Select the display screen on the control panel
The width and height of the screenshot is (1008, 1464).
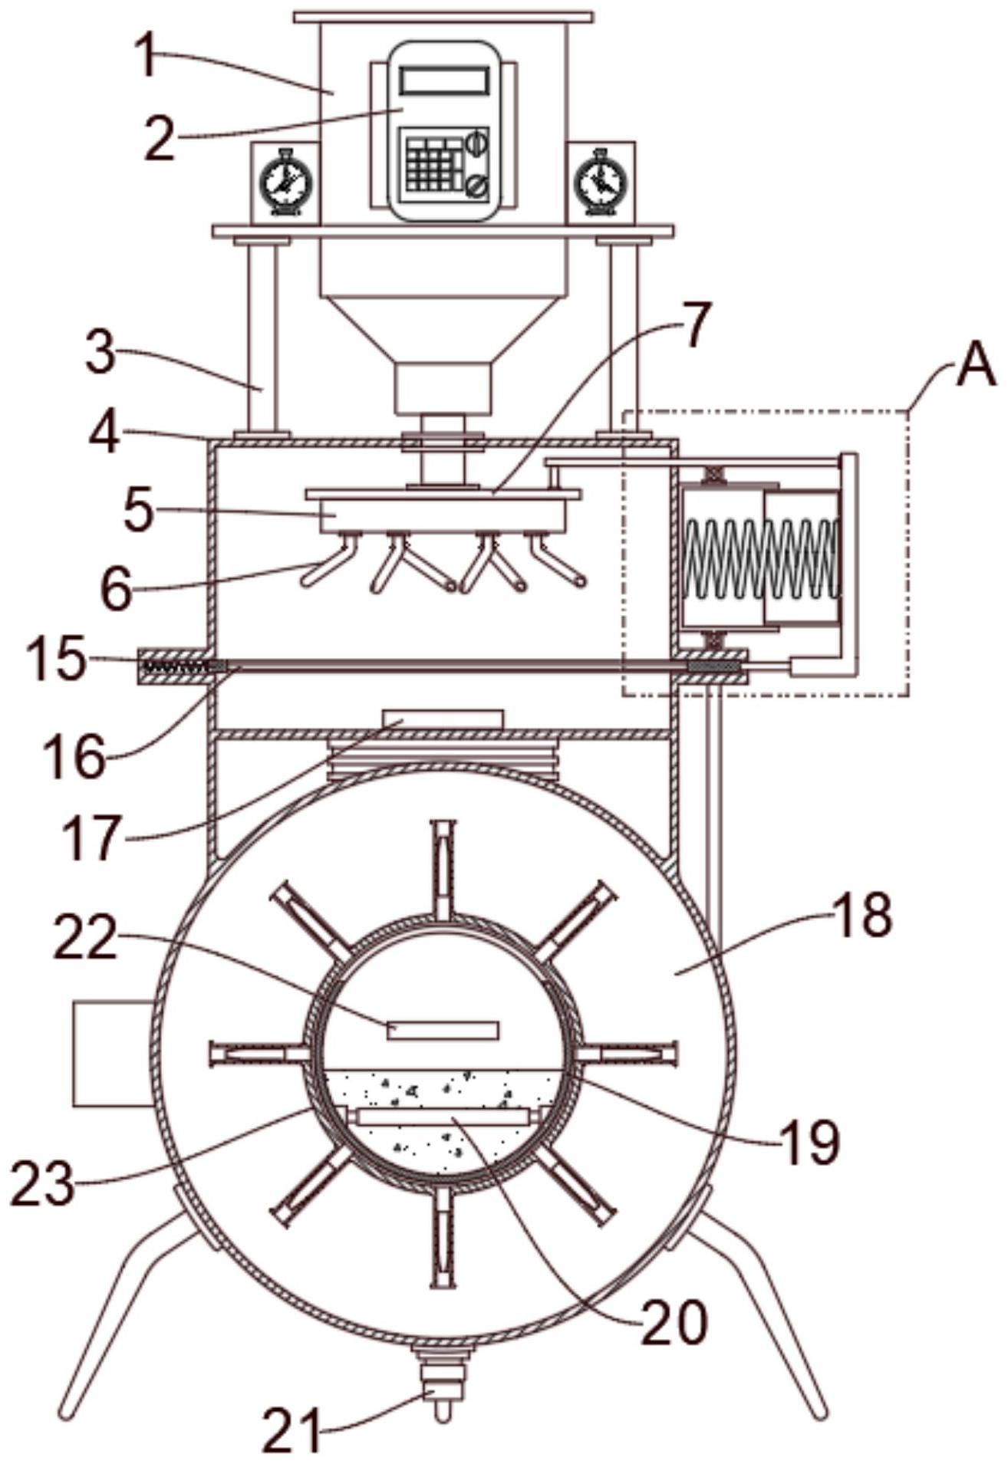444,81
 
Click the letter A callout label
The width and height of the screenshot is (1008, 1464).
975,370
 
